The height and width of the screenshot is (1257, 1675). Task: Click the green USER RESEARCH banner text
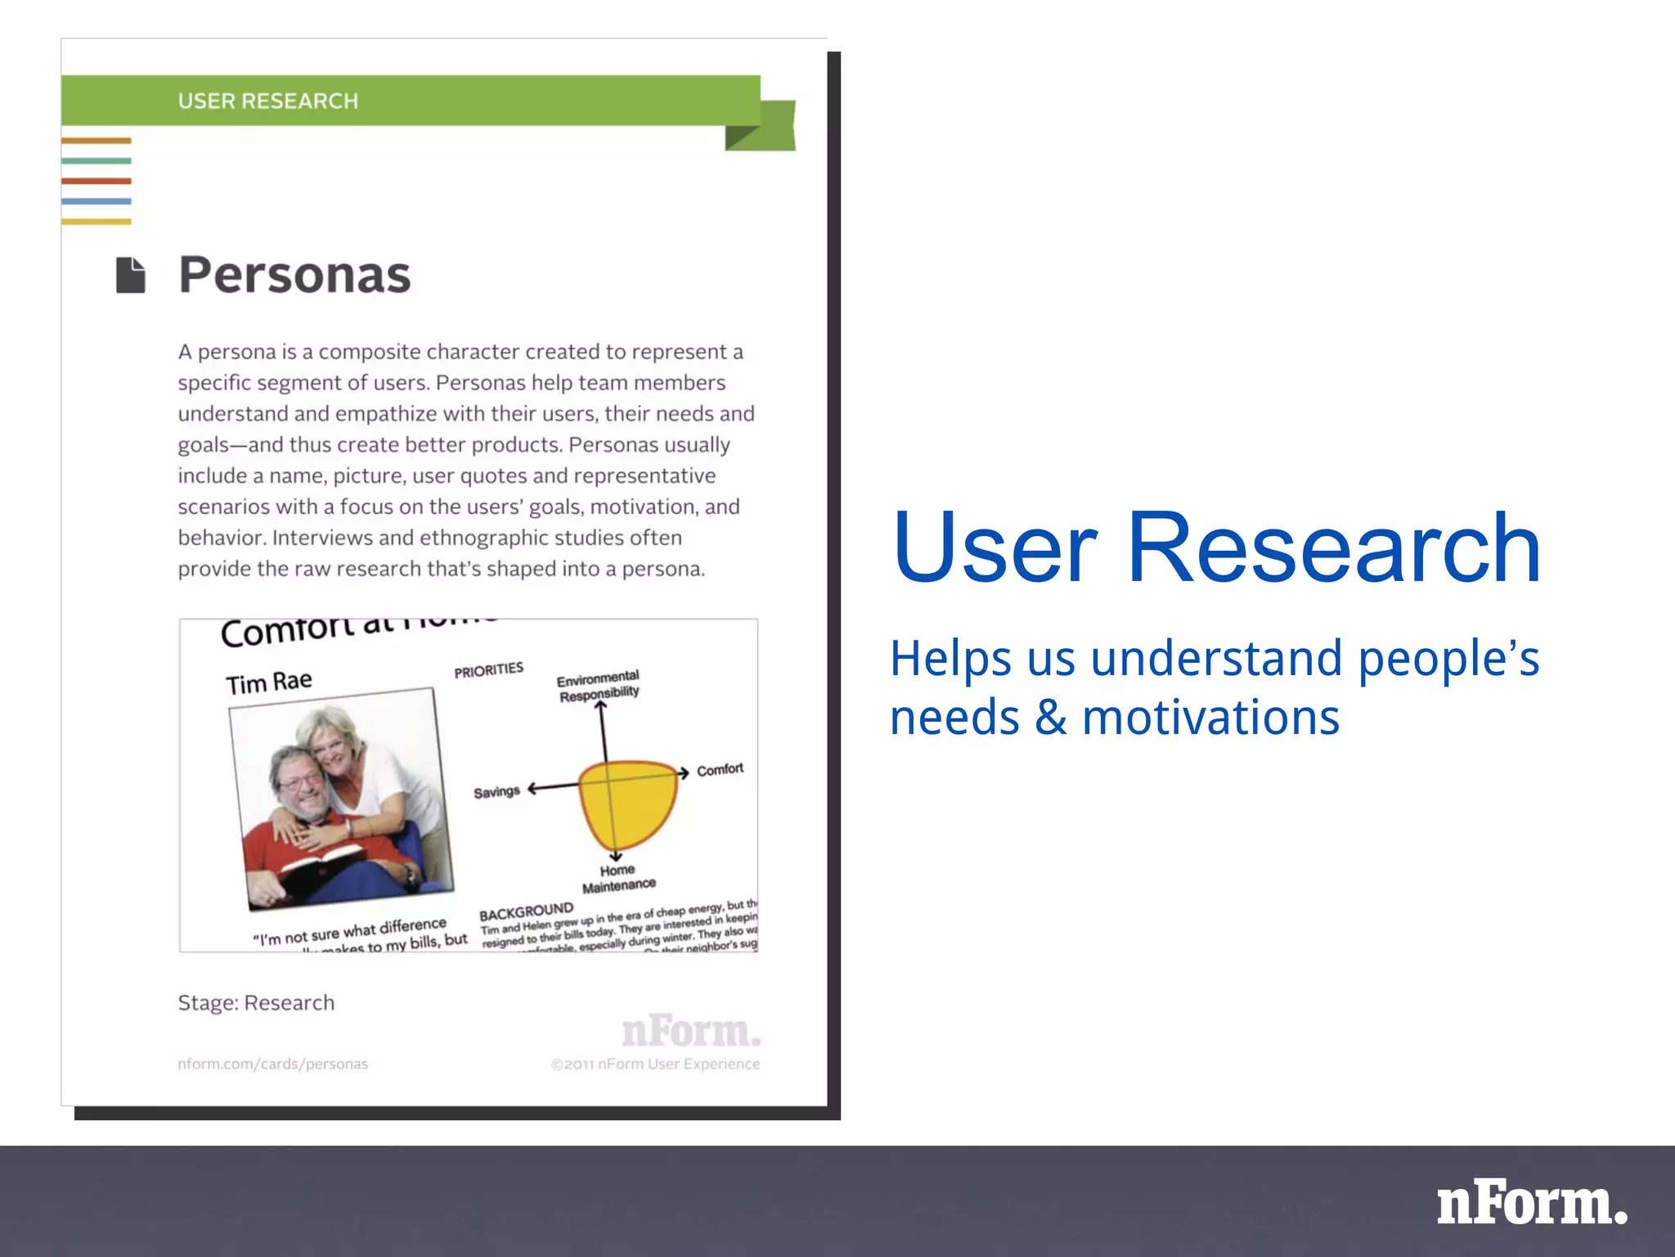[268, 101]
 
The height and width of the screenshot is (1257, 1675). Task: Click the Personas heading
[294, 275]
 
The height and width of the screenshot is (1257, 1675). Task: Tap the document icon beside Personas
[131, 275]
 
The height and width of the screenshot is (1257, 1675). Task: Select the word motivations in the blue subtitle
[1210, 718]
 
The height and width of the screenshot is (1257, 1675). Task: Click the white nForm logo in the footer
[1531, 1204]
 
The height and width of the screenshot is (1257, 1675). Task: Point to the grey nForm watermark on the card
[691, 1031]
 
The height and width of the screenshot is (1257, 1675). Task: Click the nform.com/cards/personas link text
[272, 1064]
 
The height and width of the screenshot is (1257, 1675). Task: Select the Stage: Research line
[256, 1003]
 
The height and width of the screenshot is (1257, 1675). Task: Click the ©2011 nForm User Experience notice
[655, 1064]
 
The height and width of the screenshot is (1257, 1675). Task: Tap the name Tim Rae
[268, 682]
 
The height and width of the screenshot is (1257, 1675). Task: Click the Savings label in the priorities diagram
[496, 792]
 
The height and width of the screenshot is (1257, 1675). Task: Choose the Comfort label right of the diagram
[720, 769]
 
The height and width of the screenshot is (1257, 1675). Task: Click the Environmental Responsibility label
[599, 686]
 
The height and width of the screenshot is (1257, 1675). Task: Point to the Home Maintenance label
[618, 878]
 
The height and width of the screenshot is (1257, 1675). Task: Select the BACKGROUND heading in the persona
[526, 912]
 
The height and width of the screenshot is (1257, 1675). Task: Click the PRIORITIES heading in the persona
[488, 670]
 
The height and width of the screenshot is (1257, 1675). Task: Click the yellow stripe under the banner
[96, 221]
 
